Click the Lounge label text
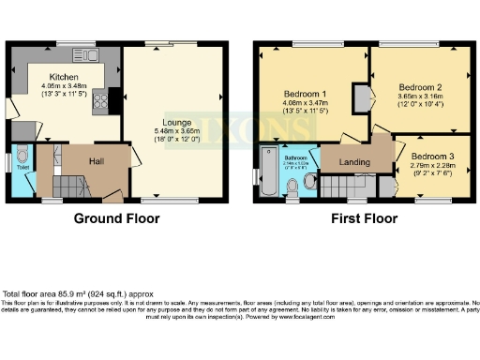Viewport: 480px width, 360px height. [x=175, y=122]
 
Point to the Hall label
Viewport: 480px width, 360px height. [x=96, y=161]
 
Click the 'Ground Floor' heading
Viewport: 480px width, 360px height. [x=116, y=218]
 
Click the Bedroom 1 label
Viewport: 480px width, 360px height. [x=305, y=94]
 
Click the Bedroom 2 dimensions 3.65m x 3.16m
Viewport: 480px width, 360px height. [x=420, y=97]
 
